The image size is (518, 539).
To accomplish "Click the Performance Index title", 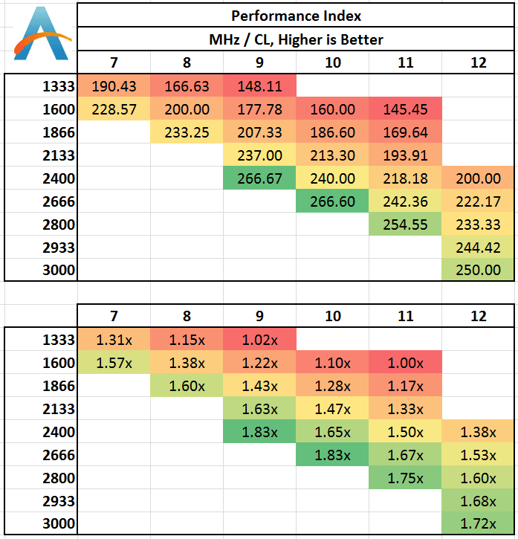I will (x=295, y=15).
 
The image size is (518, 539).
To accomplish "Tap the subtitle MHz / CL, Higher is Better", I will (x=295, y=39).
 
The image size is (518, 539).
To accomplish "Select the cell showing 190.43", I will (x=114, y=85).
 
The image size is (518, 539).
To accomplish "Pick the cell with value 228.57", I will (x=114, y=109).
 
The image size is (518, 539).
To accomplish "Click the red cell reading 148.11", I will (x=260, y=85).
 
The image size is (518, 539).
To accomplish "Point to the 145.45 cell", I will (x=405, y=109).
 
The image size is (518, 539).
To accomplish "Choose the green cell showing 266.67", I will (x=260, y=178).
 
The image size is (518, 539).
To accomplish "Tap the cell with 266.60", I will (x=333, y=201).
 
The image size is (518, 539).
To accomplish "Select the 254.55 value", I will (x=405, y=225).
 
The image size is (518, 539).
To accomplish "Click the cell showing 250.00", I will (x=478, y=270).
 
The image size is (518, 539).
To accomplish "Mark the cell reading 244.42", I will (x=478, y=248).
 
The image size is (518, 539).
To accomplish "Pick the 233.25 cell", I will (x=187, y=132).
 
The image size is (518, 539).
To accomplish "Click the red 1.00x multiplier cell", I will (x=405, y=363).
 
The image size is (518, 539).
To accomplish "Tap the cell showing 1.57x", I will (x=114, y=363).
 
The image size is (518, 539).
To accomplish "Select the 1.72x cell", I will (x=478, y=523).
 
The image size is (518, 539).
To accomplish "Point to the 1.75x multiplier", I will (x=405, y=478).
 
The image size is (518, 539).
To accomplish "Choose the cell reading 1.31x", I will (x=114, y=340).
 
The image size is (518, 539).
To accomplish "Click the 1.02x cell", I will (x=260, y=340).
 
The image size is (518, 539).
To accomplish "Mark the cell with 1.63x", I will (x=260, y=409).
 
